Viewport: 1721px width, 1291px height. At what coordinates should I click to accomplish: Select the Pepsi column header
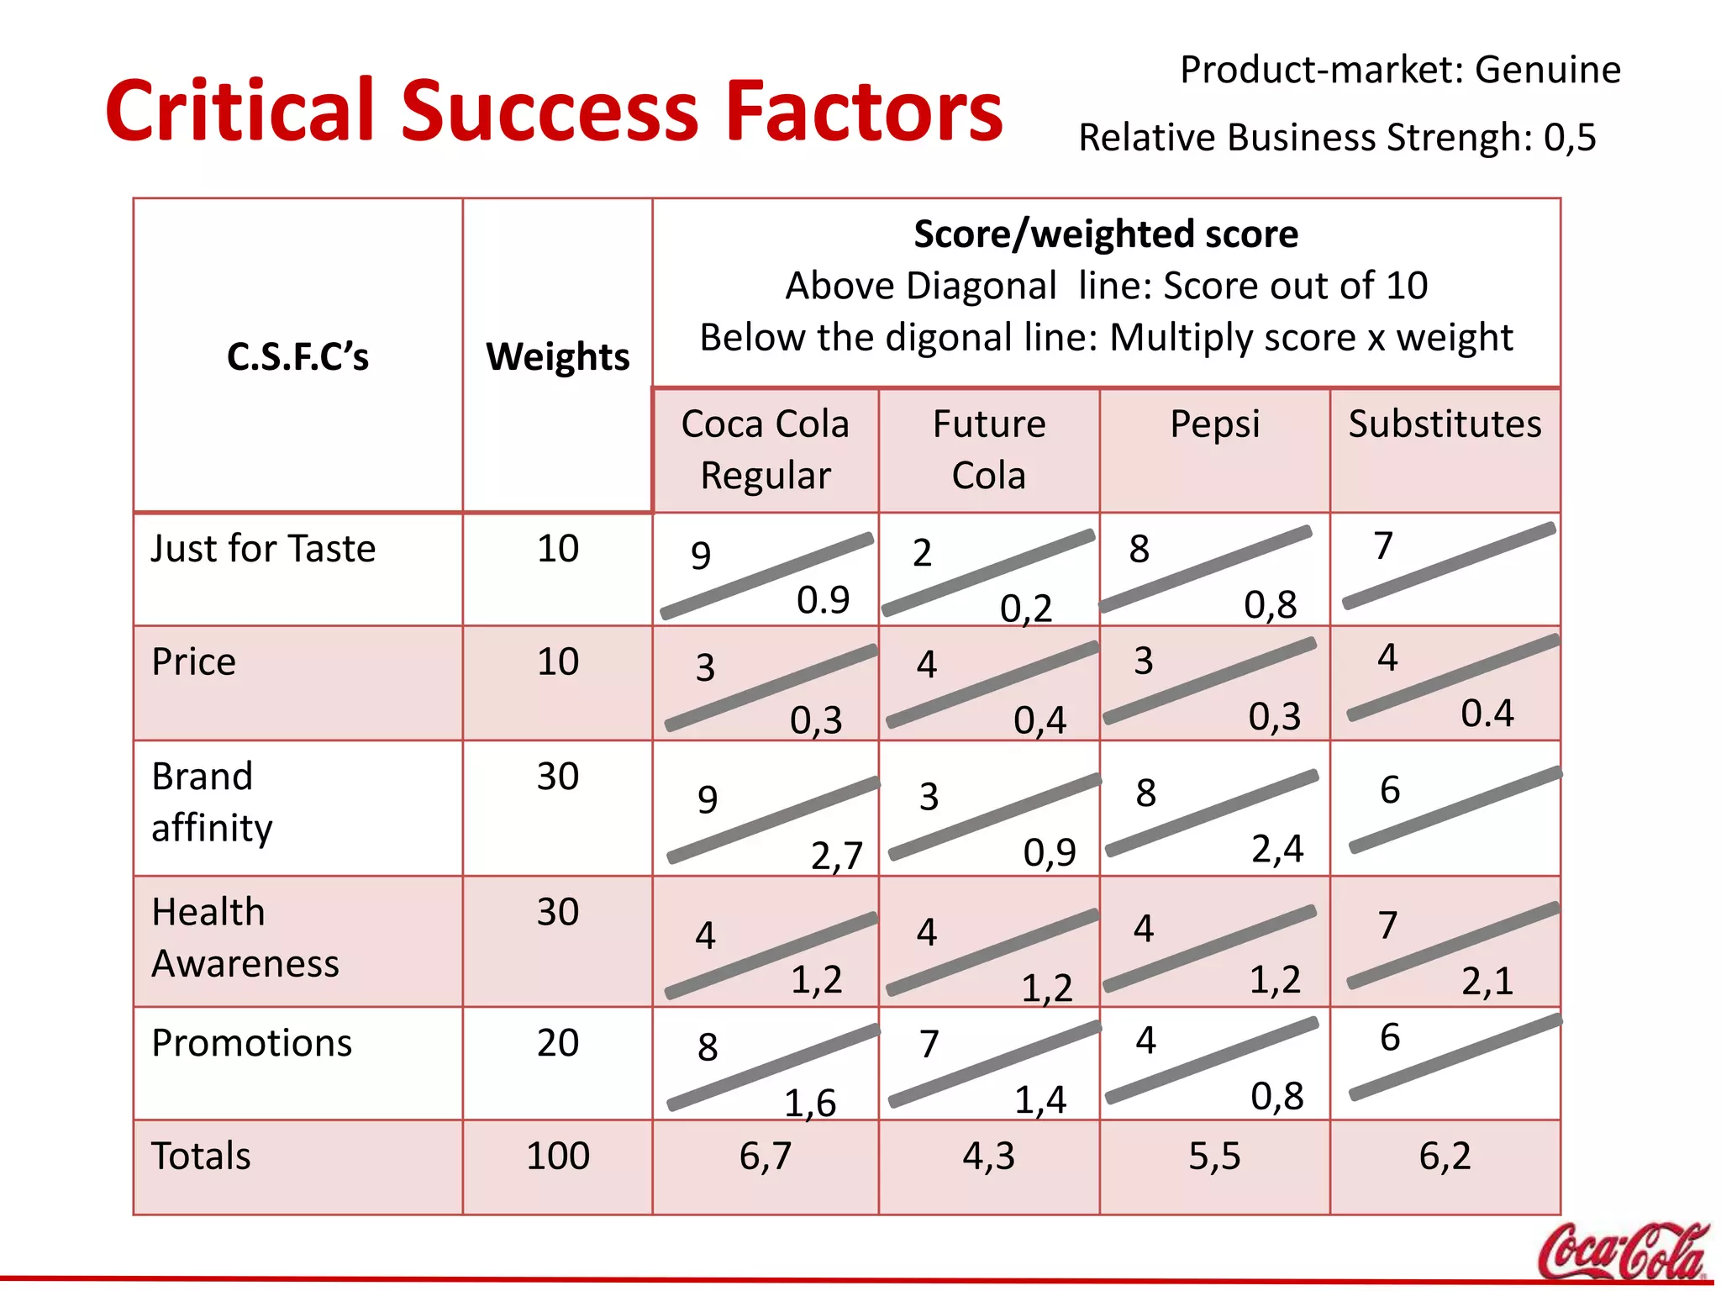click(1214, 424)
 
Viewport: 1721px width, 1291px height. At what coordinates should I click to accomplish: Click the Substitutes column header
click(1445, 424)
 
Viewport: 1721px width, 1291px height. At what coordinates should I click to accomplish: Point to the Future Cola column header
click(989, 450)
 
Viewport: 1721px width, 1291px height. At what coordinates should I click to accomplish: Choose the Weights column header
click(557, 356)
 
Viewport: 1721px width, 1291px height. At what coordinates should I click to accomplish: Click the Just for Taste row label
click(263, 549)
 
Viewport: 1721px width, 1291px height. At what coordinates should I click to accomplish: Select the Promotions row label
click(251, 1043)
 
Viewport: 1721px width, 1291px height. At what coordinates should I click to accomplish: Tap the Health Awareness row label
click(245, 937)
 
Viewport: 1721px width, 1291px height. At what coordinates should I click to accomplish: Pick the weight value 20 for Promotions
click(557, 1043)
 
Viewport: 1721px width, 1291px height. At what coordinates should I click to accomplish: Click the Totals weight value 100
click(557, 1156)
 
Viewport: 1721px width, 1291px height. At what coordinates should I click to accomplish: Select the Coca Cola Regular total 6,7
click(765, 1156)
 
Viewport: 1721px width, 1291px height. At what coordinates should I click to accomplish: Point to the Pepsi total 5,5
click(1214, 1156)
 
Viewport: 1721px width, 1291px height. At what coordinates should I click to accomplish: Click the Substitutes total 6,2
click(1445, 1156)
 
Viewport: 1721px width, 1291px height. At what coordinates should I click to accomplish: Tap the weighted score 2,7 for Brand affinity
click(837, 856)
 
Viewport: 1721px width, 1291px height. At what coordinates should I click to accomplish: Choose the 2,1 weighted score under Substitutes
click(1487, 981)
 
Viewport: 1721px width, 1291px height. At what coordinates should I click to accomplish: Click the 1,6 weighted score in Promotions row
click(810, 1103)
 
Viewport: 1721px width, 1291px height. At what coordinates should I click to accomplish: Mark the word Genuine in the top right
click(1547, 70)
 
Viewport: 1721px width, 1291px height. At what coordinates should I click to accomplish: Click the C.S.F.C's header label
click(297, 356)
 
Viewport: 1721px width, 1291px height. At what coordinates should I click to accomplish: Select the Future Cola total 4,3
click(989, 1156)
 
